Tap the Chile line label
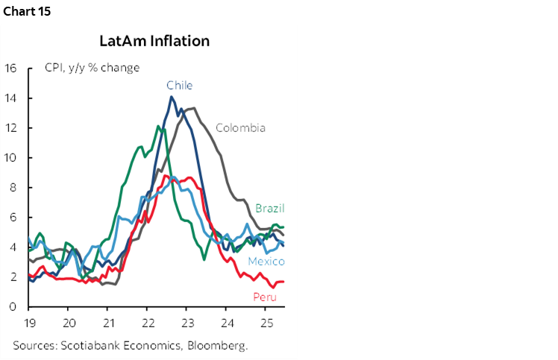(179, 85)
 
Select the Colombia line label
(240, 127)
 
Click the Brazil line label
(269, 208)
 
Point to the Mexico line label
(266, 262)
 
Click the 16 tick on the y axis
(11, 69)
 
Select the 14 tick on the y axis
(11, 98)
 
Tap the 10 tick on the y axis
(11, 158)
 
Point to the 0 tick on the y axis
(14, 306)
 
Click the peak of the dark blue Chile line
(172, 97)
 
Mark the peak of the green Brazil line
(157, 126)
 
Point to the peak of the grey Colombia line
(193, 108)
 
